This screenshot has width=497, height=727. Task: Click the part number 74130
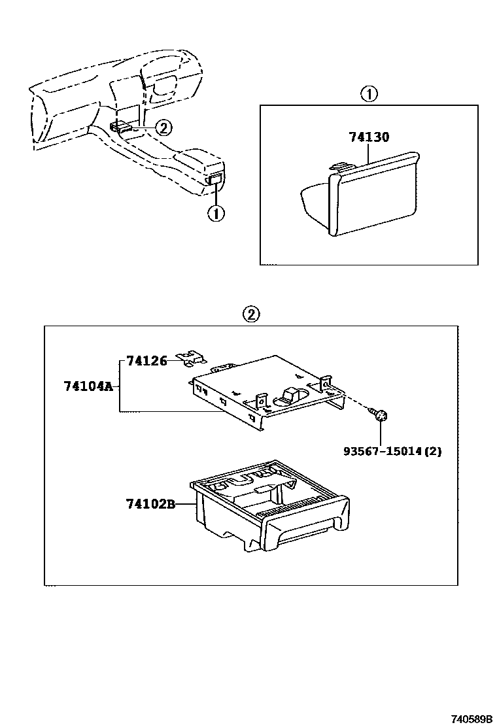(369, 137)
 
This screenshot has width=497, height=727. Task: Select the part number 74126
(147, 360)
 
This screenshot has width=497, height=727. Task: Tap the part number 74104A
(88, 386)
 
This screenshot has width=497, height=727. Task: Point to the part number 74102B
(150, 504)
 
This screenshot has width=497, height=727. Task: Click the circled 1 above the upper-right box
(369, 94)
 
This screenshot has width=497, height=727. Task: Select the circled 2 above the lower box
(251, 314)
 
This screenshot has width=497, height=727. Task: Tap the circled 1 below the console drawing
(215, 213)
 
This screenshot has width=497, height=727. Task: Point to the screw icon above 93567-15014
(381, 414)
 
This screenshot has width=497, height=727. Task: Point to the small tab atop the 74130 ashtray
(339, 168)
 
